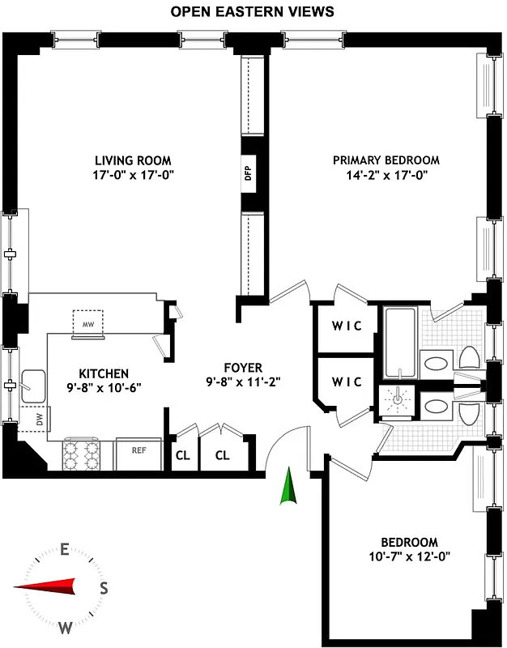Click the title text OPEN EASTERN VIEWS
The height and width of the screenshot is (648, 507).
pyautogui.click(x=253, y=12)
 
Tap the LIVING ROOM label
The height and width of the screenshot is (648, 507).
pyautogui.click(x=133, y=160)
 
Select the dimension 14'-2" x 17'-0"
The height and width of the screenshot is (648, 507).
pyautogui.click(x=386, y=174)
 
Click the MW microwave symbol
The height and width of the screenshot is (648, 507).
pyautogui.click(x=89, y=323)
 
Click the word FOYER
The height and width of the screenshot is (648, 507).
pyautogui.click(x=243, y=368)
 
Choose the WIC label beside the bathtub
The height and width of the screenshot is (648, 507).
pyautogui.click(x=347, y=326)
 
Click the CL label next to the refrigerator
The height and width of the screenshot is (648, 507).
pyautogui.click(x=181, y=455)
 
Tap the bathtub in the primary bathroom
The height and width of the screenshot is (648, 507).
pyautogui.click(x=400, y=343)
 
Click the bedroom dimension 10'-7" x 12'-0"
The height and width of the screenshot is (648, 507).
pyautogui.click(x=409, y=556)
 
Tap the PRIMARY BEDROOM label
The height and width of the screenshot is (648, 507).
pyautogui.click(x=386, y=160)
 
